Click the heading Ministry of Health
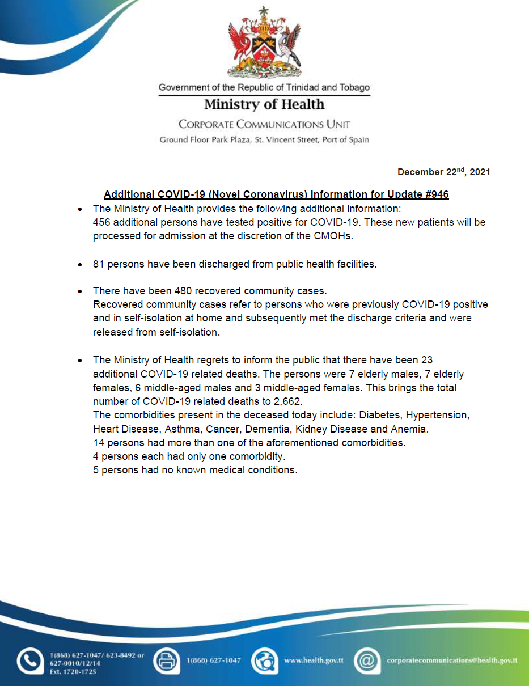click(x=264, y=104)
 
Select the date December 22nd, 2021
click(x=443, y=172)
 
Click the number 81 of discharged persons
click(x=99, y=264)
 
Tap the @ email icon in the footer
click(x=367, y=660)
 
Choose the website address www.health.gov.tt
click(x=314, y=660)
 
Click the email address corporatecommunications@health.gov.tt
click(x=452, y=660)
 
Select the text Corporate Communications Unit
click(x=264, y=124)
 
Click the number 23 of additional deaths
click(x=427, y=360)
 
